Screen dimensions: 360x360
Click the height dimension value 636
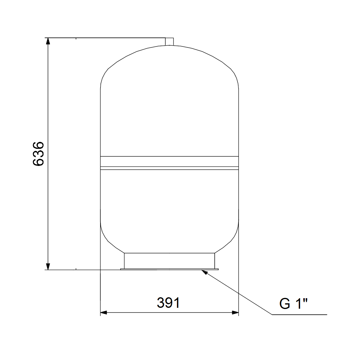(38, 154)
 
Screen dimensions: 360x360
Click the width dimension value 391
(168, 303)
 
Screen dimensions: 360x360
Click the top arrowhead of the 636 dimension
(47, 41)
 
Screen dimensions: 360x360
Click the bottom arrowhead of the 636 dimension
(47, 266)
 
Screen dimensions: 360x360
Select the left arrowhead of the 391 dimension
(103, 313)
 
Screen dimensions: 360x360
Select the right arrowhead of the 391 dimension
(235, 313)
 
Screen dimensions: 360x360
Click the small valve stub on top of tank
(169, 41)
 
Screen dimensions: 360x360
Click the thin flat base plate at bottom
(169, 269)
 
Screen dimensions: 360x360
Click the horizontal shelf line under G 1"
(300, 315)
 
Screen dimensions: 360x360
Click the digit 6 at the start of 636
(38, 162)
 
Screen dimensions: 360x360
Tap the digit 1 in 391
(177, 303)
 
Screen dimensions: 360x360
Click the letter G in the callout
(284, 304)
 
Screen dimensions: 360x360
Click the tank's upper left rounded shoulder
(106, 72)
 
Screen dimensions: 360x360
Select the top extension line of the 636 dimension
(105, 38)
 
